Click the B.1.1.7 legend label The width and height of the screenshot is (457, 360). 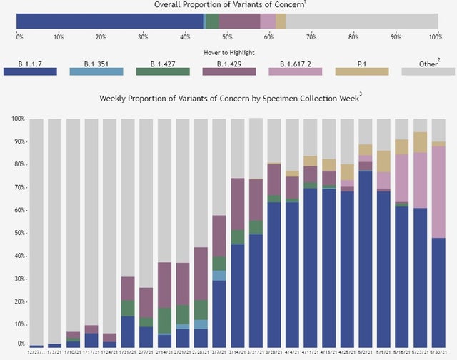(x=30, y=64)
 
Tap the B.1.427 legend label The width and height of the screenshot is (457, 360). (x=163, y=64)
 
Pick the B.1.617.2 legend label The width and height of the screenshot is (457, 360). (x=296, y=64)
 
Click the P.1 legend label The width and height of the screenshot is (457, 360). (x=362, y=64)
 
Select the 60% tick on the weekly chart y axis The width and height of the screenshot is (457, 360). (x=19, y=210)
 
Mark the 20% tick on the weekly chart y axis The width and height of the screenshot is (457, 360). (x=19, y=301)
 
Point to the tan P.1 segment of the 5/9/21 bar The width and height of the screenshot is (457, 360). (x=384, y=161)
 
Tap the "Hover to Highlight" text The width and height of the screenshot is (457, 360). (x=228, y=52)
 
